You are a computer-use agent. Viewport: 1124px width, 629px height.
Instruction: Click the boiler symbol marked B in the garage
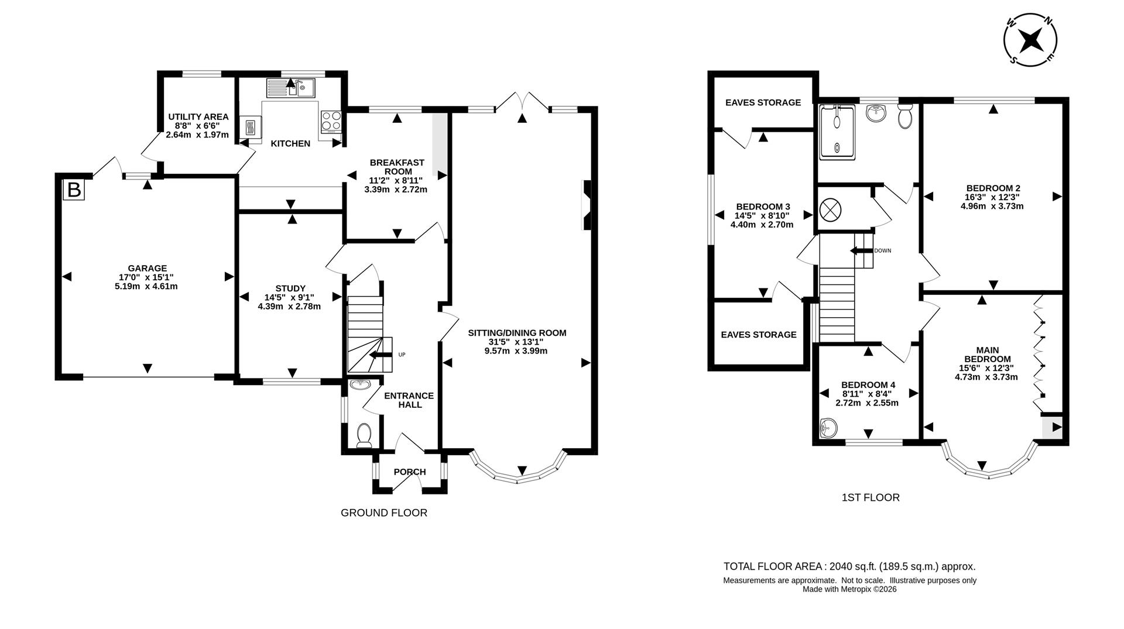point(74,190)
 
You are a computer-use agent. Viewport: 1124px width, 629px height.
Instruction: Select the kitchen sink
point(291,88)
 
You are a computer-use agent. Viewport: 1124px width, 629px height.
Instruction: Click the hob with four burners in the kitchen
point(331,121)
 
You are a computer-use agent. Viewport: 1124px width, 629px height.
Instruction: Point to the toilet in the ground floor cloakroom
point(364,435)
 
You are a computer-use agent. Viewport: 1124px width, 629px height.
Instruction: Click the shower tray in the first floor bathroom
point(837,132)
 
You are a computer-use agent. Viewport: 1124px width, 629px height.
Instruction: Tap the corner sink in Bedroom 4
point(827,428)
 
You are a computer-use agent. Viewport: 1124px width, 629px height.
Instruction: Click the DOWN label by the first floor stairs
point(882,250)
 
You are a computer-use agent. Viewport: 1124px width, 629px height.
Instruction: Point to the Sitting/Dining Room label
point(517,333)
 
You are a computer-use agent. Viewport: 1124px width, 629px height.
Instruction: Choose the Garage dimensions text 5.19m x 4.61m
point(146,286)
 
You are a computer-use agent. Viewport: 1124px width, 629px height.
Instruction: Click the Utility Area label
point(198,117)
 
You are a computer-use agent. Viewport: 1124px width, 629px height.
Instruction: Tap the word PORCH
point(410,472)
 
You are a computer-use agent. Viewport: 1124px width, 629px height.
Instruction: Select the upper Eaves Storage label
point(762,102)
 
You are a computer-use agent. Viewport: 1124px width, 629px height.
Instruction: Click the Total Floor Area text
point(849,566)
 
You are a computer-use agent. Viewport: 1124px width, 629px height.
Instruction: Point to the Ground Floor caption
point(383,513)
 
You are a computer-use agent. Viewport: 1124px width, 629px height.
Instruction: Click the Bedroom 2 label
point(993,188)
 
